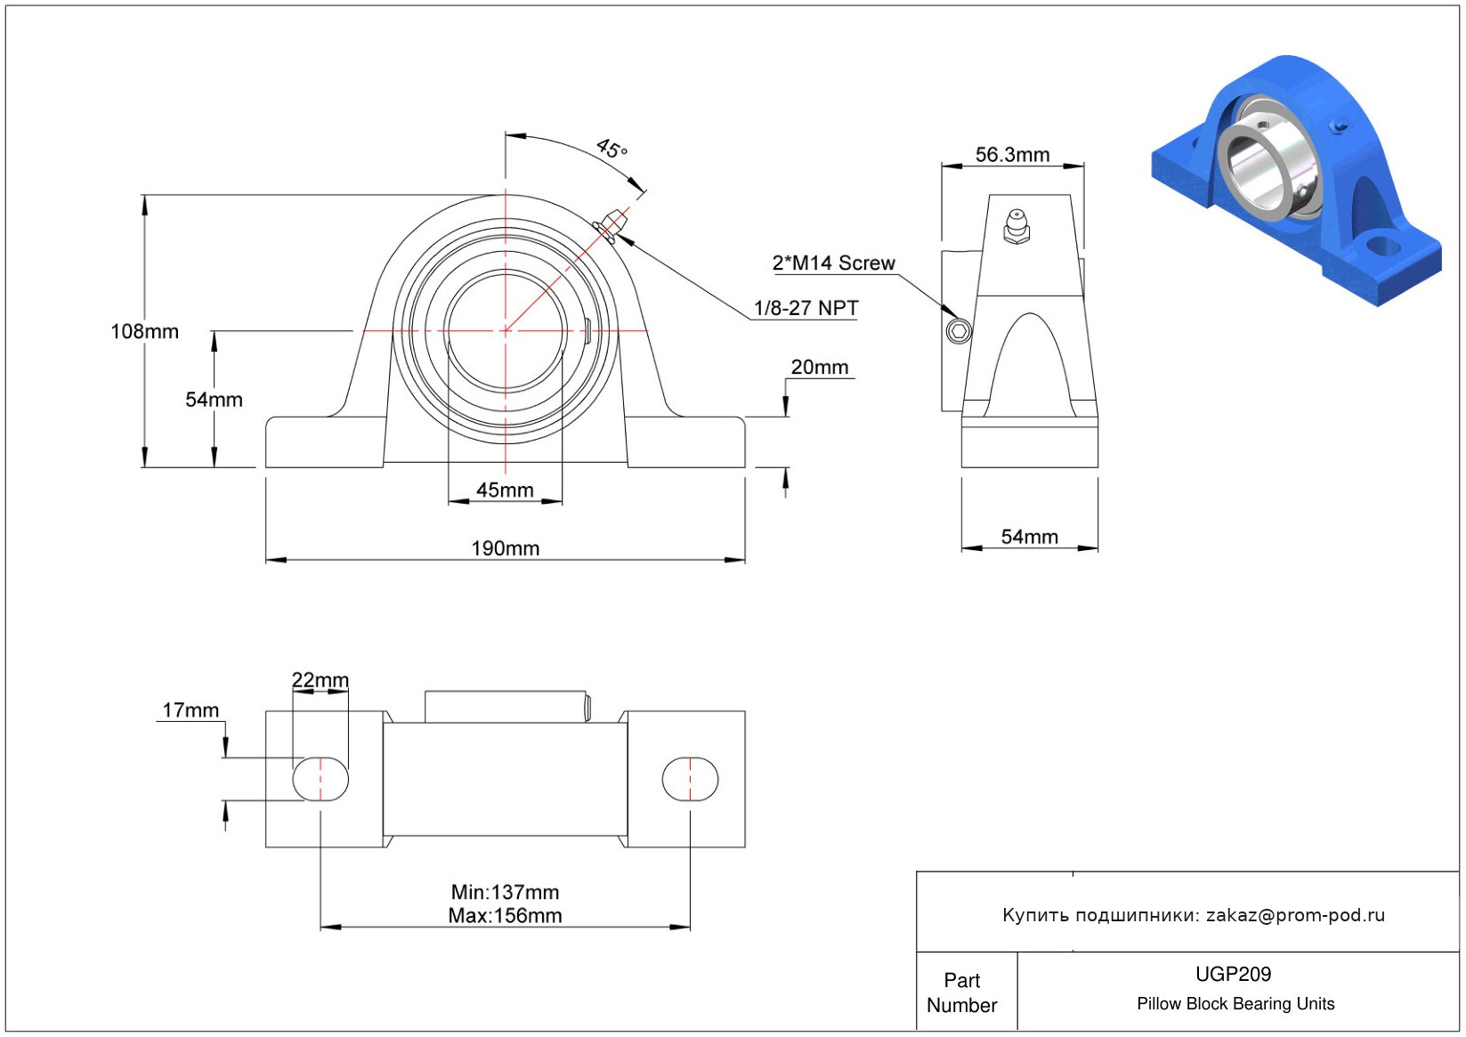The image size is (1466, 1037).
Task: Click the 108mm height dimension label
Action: coord(144,332)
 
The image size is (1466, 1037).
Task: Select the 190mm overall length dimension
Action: coord(505,548)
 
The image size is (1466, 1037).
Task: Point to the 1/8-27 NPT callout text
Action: coord(806,308)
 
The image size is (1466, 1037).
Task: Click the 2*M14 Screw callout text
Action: coord(833,263)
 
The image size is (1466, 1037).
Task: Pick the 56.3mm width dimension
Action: coord(1012,155)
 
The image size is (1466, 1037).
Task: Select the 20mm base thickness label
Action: coord(819,367)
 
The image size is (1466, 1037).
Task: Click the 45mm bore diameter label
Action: coord(505,490)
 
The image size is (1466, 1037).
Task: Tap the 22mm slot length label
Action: coord(320,680)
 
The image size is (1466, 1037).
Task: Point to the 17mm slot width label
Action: coord(190,710)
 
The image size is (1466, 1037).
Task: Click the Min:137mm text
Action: coord(505,892)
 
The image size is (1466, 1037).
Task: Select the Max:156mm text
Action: coord(505,915)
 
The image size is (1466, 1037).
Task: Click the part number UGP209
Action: coord(1233,974)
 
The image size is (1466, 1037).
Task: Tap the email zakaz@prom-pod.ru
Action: coord(1295,915)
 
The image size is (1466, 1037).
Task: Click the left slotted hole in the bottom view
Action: coord(320,779)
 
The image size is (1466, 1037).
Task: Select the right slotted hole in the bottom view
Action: coord(690,779)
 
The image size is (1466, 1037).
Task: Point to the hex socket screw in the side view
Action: coord(959,332)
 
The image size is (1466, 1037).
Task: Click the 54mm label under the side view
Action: coord(1029,537)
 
